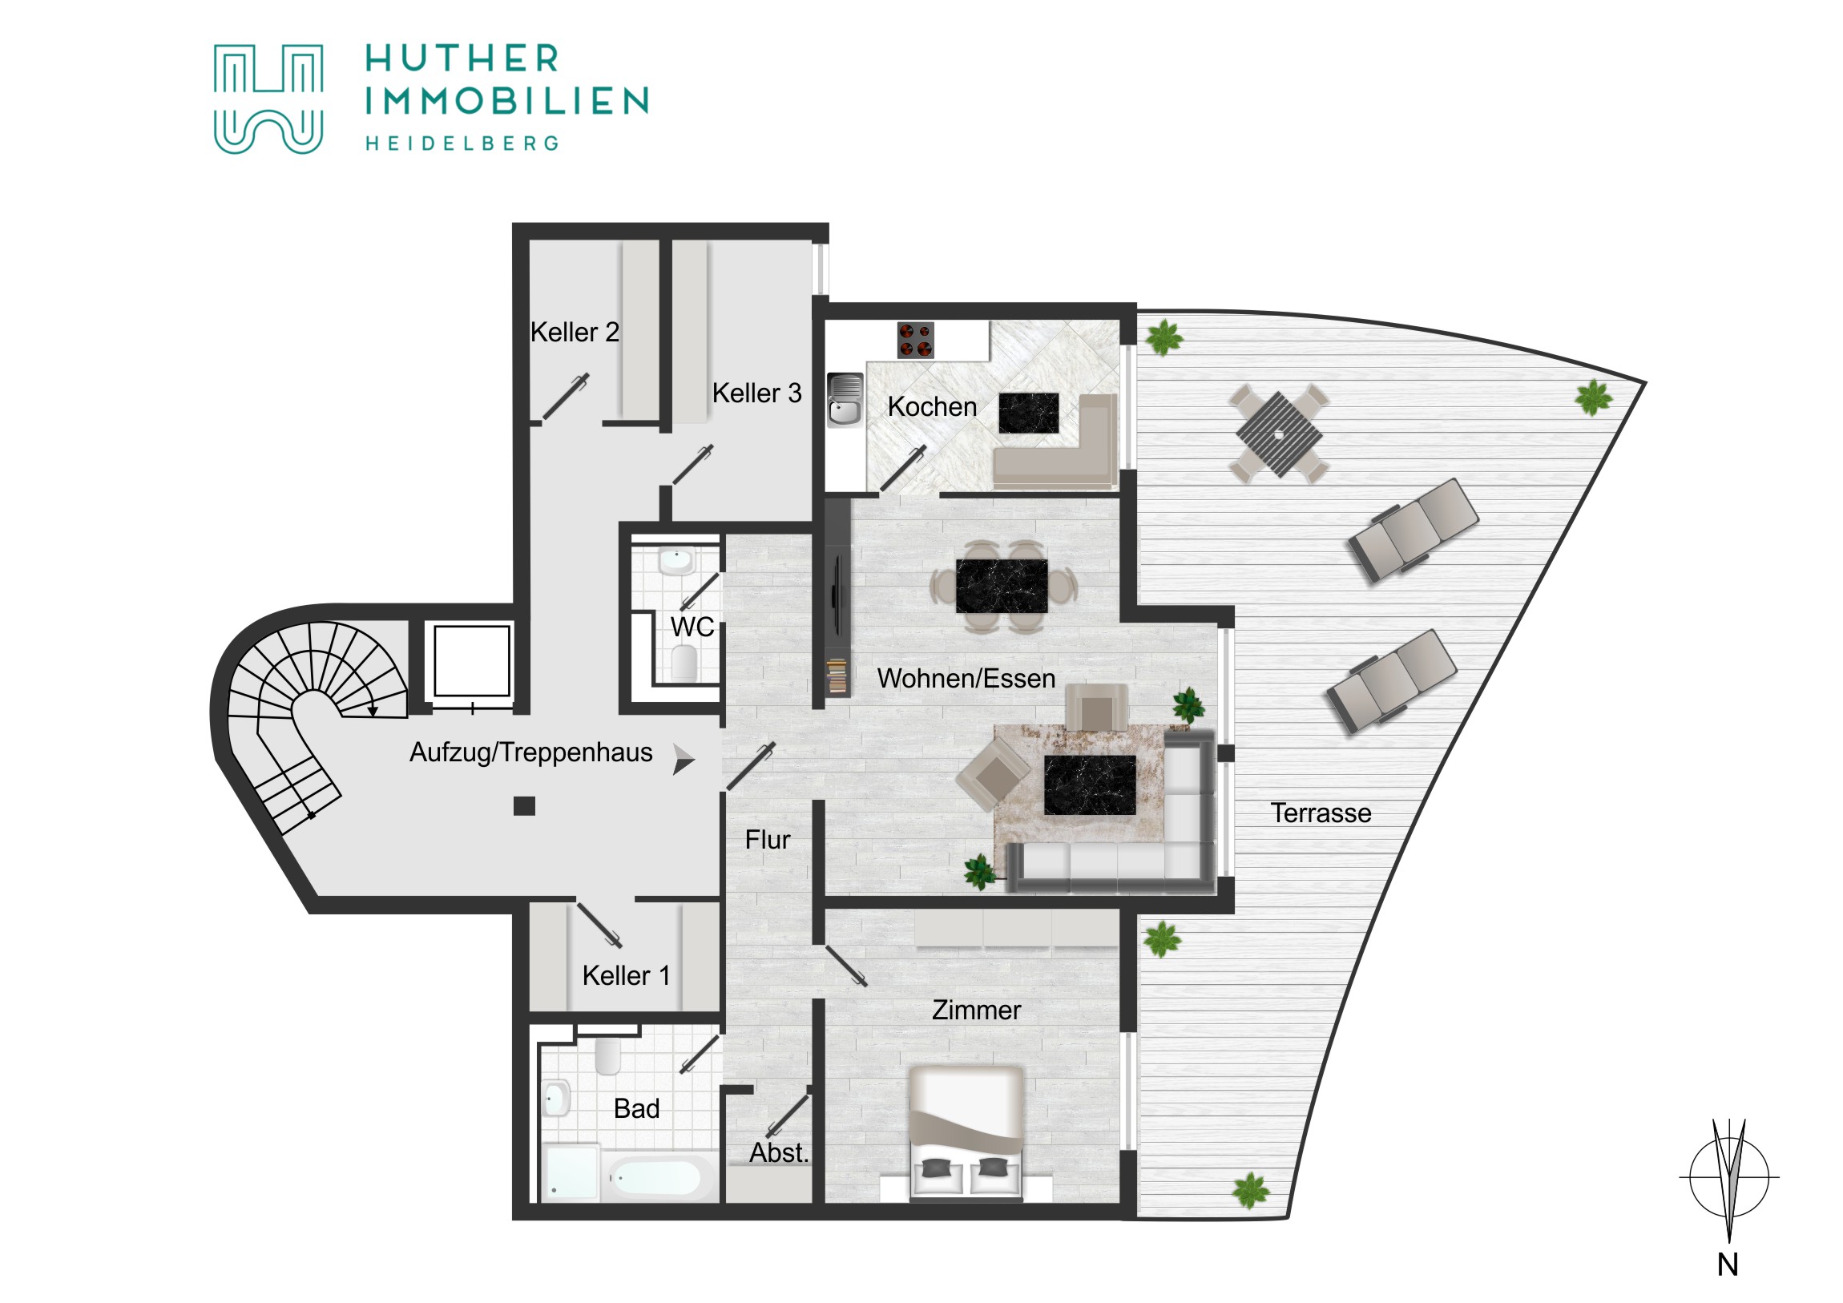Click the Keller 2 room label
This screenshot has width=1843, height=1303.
575,333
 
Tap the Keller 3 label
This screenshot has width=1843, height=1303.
757,393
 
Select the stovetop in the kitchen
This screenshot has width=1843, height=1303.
915,340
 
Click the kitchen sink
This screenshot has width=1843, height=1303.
845,400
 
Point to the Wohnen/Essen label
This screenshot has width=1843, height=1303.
966,680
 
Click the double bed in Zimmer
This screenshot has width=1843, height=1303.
966,1134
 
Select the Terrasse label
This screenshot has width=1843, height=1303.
1321,813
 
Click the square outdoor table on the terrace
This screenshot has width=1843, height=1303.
1279,434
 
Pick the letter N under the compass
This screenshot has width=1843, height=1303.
1728,1266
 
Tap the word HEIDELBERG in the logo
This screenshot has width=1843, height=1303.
462,143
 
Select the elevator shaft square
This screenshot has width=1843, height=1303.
471,662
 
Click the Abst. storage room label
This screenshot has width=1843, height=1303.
778,1153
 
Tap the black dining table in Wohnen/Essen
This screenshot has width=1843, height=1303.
1002,586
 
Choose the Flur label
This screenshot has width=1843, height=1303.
768,841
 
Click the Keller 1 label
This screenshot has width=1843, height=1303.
626,976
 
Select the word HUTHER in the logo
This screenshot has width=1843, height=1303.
462,58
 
